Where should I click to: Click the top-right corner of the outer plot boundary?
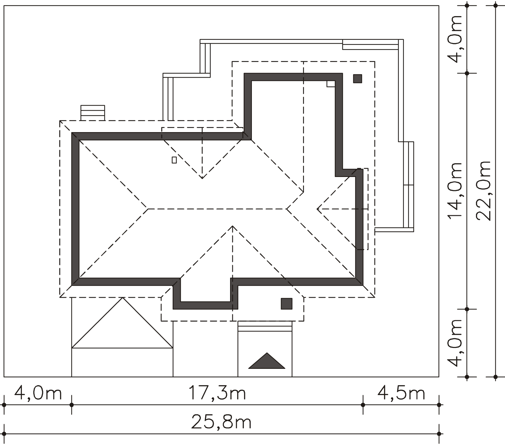coord(439,6)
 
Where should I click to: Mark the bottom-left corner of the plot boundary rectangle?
coord(4,377)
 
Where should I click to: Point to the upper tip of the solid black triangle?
coord(267,353)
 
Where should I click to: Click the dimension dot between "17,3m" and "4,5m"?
coord(363,405)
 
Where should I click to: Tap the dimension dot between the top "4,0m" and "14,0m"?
coord(467,73)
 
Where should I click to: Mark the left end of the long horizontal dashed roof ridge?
coord(148,209)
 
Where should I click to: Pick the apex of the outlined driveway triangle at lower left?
coord(122,297)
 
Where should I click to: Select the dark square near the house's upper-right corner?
coord(357,78)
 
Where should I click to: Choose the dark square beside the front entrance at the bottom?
coord(287,303)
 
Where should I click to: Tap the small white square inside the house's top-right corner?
coord(331,83)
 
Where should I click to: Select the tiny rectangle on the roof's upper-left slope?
coord(174,160)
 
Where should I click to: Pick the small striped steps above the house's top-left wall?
coord(93,113)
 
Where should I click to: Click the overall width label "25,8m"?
coord(221,423)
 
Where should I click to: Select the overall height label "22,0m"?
coord(483,191)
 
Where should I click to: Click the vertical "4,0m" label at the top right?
coord(455,38)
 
